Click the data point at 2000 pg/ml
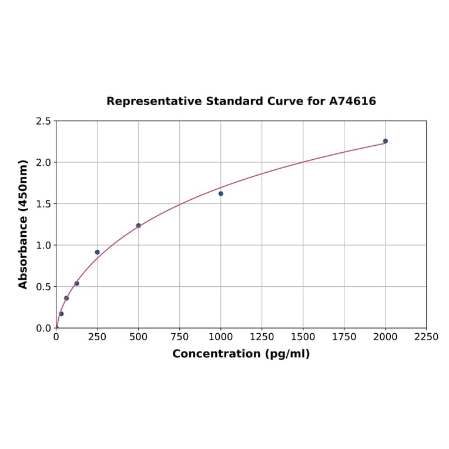(x=386, y=141)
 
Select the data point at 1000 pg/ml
(x=221, y=193)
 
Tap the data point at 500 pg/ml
(x=139, y=225)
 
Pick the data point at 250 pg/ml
(x=98, y=252)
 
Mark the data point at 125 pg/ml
(x=77, y=283)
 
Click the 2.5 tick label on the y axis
(x=43, y=121)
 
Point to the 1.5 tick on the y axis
(x=43, y=204)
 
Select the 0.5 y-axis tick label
(x=43, y=287)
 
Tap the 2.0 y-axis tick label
(x=43, y=162)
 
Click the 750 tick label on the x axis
(x=180, y=337)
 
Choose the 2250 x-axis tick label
(x=427, y=337)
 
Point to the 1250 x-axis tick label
(x=262, y=337)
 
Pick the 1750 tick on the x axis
(x=344, y=337)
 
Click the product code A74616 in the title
(x=352, y=101)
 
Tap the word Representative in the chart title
(x=155, y=101)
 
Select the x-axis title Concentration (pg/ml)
(x=241, y=354)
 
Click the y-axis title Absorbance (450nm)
(x=24, y=224)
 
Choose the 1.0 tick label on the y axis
(x=43, y=245)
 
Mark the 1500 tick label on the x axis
(x=303, y=337)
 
